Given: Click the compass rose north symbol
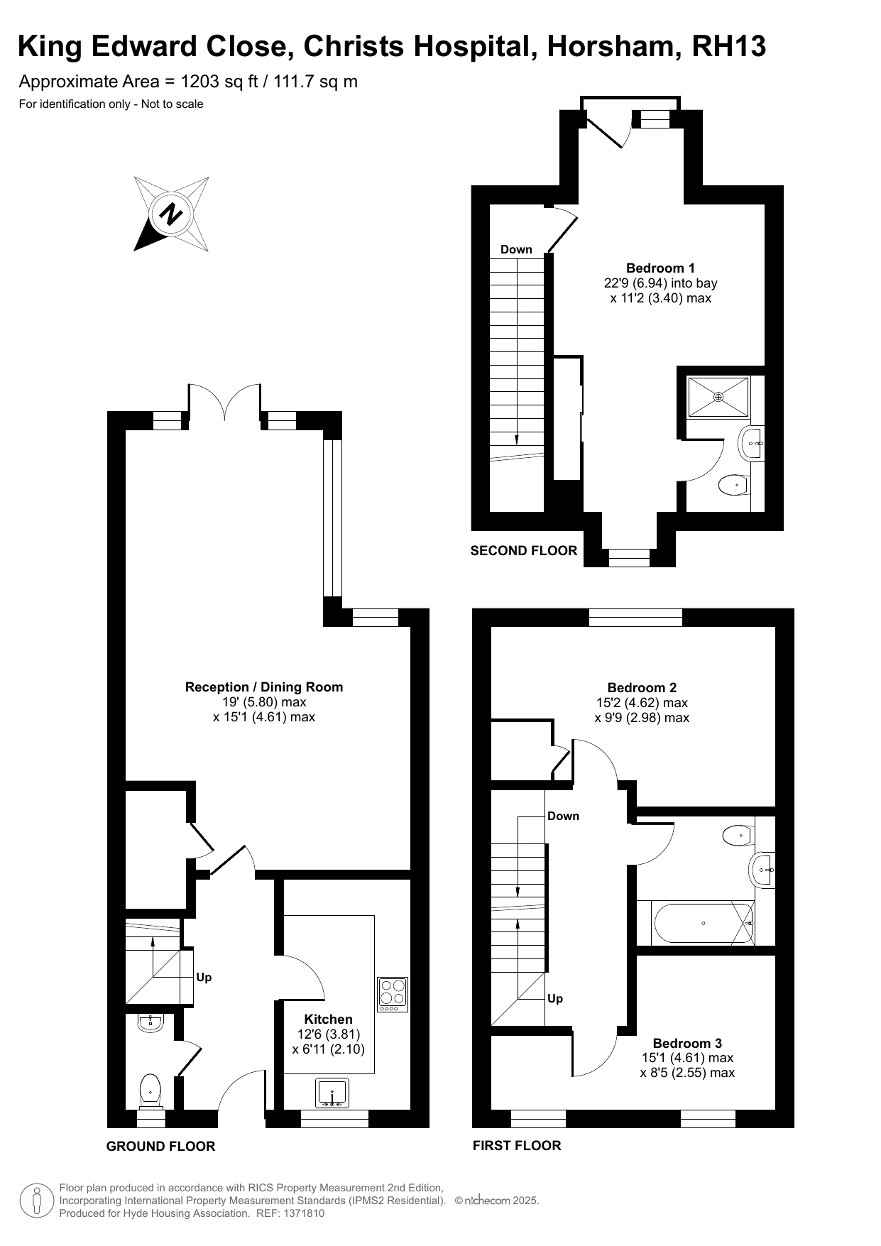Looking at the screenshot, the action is pyautogui.click(x=172, y=214).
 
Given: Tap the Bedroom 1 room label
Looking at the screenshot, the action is pyautogui.click(x=660, y=268).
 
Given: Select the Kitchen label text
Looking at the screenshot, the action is pyautogui.click(x=328, y=1019).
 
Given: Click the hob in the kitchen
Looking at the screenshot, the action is pyautogui.click(x=393, y=994).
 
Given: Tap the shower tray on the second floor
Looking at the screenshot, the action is pyautogui.click(x=718, y=397).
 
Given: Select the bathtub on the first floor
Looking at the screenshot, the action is pyautogui.click(x=703, y=923).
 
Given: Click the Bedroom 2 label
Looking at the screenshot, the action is pyautogui.click(x=642, y=687).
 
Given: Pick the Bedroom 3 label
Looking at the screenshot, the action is pyautogui.click(x=687, y=1043).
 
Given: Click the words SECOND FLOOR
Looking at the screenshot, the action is pyautogui.click(x=524, y=550).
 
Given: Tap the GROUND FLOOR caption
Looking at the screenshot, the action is pyautogui.click(x=160, y=1146).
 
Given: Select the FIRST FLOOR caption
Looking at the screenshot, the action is pyautogui.click(x=517, y=1145).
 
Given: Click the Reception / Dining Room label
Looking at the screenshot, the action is pyautogui.click(x=264, y=687).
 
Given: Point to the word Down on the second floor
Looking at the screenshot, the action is pyautogui.click(x=516, y=249).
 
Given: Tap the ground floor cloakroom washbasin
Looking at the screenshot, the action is pyautogui.click(x=151, y=1022).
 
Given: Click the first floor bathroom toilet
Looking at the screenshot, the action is pyautogui.click(x=738, y=835).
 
